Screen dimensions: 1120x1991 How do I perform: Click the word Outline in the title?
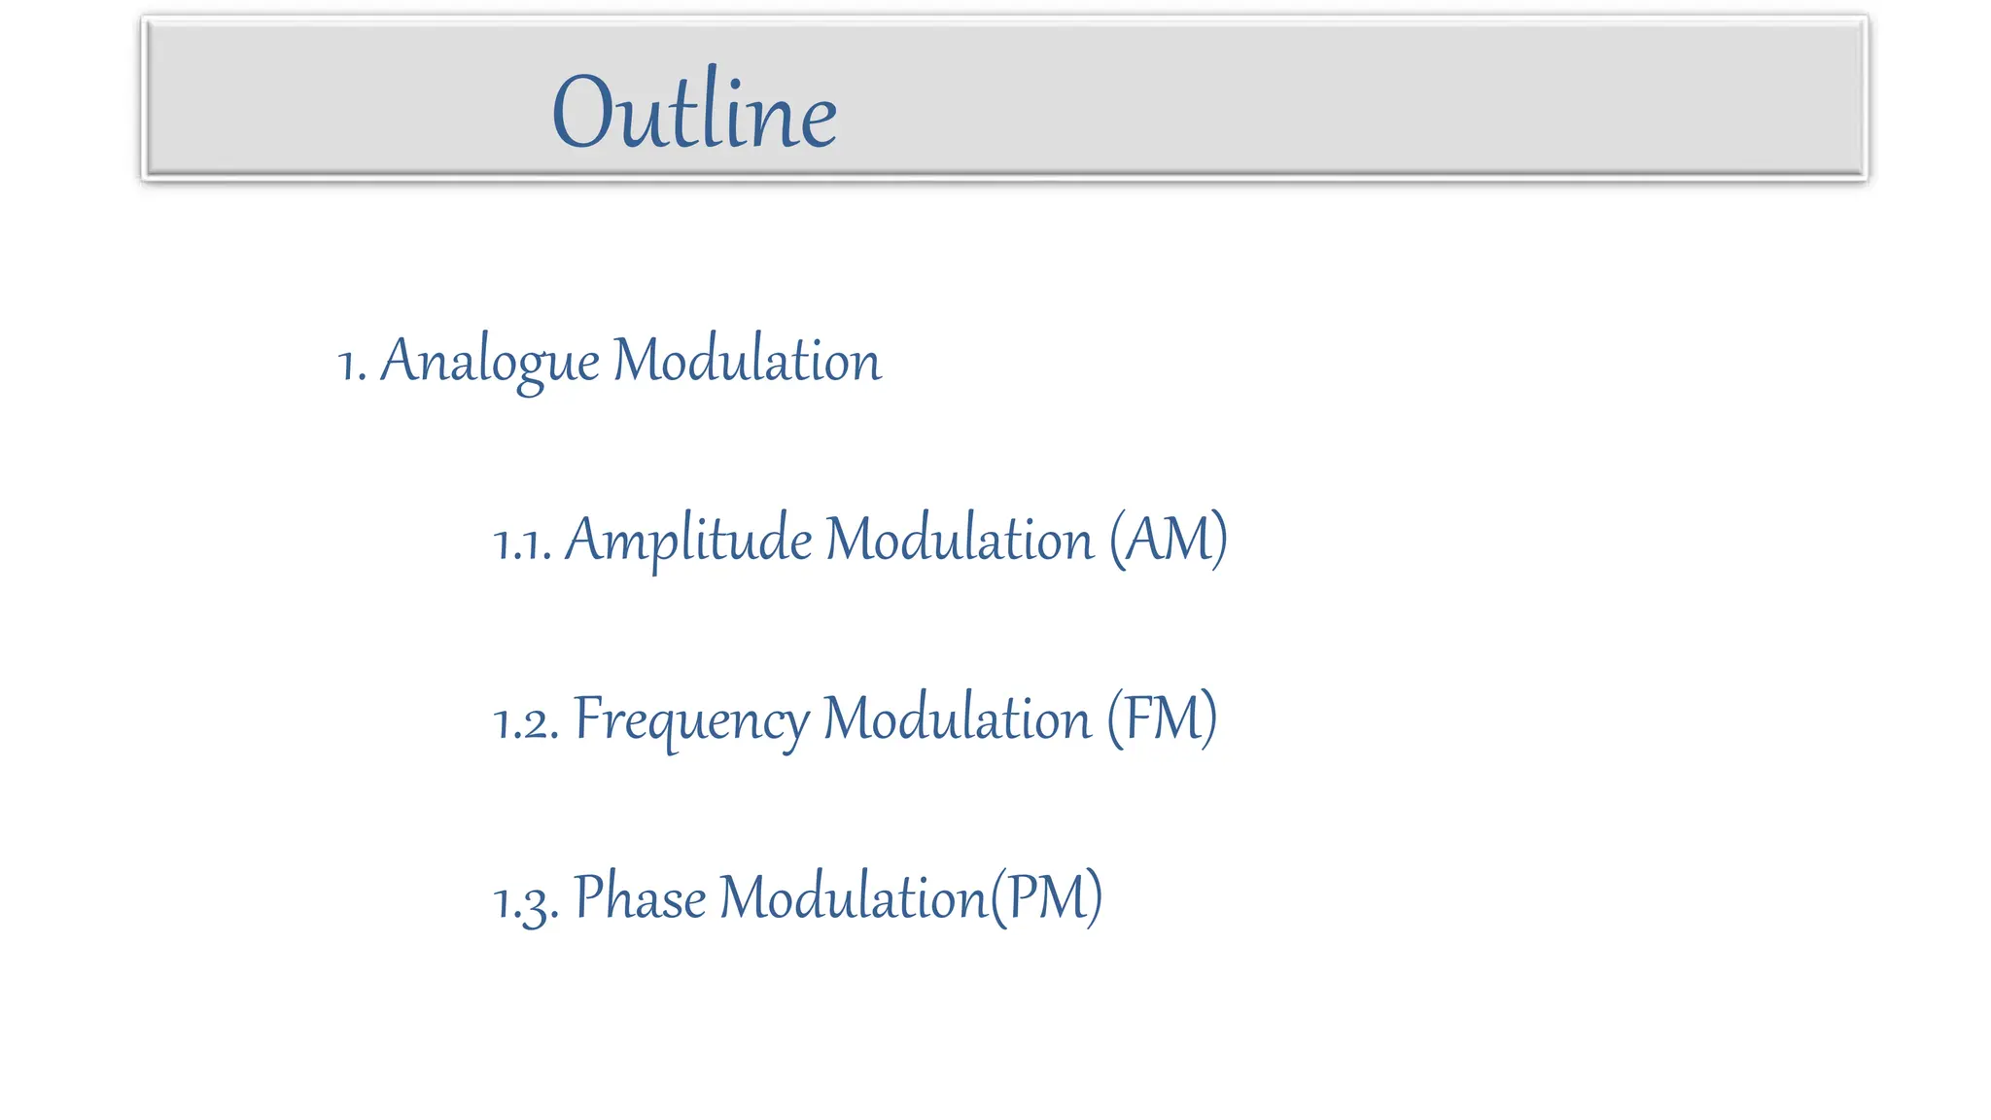(694, 112)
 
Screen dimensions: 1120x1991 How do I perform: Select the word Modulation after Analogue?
(747, 361)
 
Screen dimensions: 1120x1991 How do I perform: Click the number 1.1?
(522, 542)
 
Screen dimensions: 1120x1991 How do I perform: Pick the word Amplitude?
(687, 540)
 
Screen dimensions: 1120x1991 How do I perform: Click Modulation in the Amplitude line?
(960, 539)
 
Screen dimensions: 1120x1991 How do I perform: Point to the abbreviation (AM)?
(1169, 539)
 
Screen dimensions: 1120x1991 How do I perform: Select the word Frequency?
(690, 720)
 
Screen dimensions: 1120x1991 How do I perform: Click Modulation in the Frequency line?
(958, 718)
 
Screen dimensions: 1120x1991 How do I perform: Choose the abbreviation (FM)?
(1162, 718)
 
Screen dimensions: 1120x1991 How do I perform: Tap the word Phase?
(640, 896)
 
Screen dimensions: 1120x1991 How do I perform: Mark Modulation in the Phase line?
(853, 896)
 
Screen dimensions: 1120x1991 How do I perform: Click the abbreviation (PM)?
(1046, 896)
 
